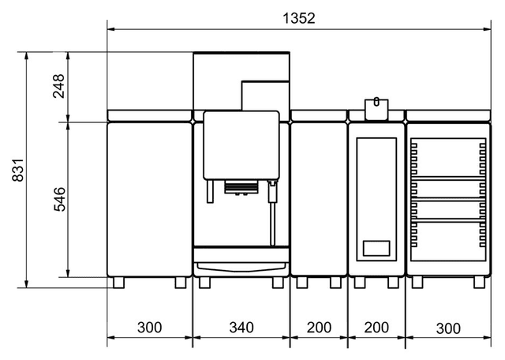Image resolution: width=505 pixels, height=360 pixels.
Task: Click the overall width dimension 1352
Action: pos(299,18)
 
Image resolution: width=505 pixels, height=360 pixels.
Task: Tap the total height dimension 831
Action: pos(18,170)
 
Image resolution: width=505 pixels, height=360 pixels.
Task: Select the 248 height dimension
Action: pos(59,86)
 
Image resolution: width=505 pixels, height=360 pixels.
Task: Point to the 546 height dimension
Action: pos(59,199)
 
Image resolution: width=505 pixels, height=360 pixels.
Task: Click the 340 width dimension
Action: pos(241,328)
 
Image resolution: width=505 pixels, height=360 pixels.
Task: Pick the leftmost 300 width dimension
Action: pos(149,328)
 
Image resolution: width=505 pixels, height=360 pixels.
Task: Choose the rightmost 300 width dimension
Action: pos(448,328)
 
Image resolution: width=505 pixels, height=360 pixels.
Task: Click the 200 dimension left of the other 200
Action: pos(319,328)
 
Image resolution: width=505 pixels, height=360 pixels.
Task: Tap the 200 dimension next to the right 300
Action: pos(376,328)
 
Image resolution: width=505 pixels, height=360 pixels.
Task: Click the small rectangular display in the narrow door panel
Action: pos(376,248)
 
